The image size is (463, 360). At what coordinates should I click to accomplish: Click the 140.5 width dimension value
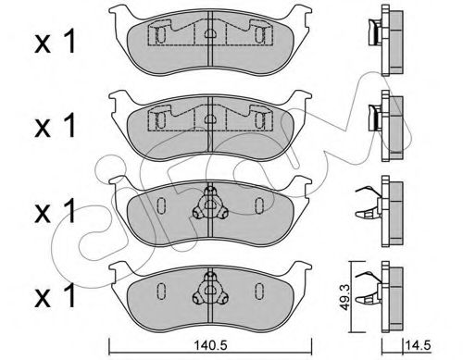[210, 345]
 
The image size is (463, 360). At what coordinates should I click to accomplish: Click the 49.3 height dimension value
[346, 297]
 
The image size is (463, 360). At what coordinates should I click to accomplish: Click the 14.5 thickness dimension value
[419, 345]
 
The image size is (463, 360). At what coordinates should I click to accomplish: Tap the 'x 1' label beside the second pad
[55, 125]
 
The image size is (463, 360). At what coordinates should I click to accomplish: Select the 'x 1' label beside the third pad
[55, 210]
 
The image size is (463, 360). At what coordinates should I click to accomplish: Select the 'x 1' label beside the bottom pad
[55, 295]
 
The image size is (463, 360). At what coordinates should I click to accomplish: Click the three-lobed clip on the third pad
[210, 204]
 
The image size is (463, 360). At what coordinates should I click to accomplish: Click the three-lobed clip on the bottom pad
[210, 289]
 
